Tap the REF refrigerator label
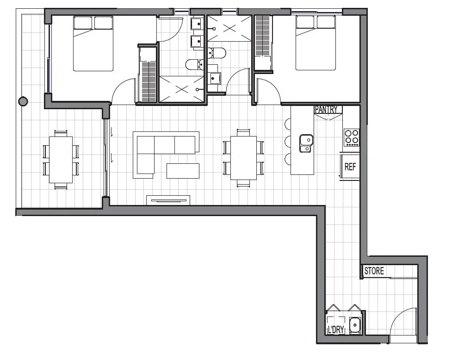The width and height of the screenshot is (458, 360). point(350,167)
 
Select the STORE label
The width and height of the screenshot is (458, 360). point(374,271)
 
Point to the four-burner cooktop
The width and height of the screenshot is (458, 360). point(352,137)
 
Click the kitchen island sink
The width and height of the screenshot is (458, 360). point(306,143)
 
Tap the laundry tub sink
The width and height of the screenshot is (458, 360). point(355,325)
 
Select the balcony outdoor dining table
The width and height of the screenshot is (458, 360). point(61,159)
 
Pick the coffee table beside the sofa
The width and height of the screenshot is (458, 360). point(183,170)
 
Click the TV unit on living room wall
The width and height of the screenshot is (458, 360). point(168,200)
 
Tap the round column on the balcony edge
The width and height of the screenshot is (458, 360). point(22,101)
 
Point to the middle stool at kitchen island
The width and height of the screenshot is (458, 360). point(287,141)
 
